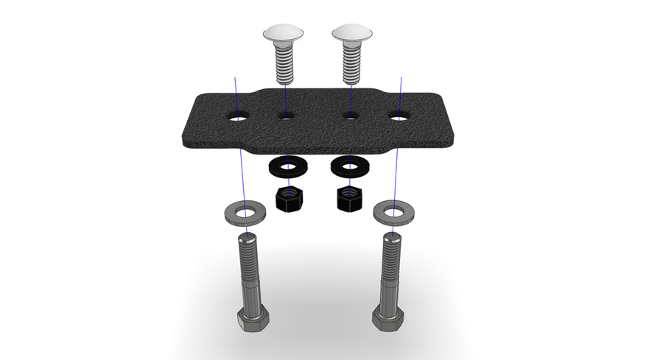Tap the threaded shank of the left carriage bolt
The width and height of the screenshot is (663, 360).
click(285, 65)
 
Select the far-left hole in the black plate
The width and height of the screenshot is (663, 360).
click(238, 117)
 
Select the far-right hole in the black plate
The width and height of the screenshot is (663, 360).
click(400, 117)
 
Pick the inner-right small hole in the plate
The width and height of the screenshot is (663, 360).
click(351, 115)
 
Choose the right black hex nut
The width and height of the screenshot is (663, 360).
click(349, 198)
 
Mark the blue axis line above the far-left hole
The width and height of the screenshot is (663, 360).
click(236, 92)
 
